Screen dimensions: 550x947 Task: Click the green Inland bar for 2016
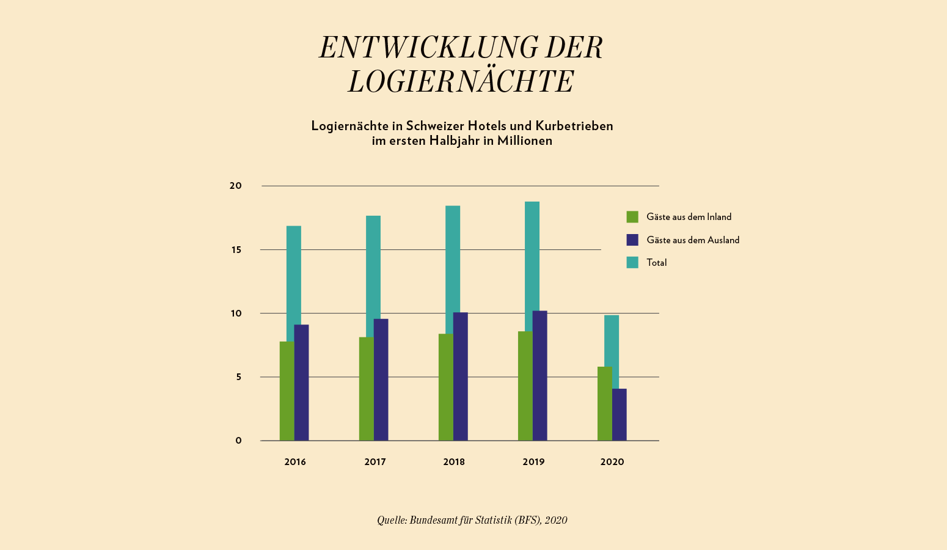click(x=287, y=391)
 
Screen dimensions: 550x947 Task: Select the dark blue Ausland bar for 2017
click(x=381, y=380)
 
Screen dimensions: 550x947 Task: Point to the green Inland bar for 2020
click(x=604, y=403)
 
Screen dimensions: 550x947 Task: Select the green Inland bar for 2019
click(x=525, y=386)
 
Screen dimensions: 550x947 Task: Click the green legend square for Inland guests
click(x=632, y=217)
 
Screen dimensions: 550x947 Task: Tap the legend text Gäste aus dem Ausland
click(x=693, y=240)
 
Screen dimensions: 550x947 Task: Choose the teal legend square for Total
click(x=632, y=263)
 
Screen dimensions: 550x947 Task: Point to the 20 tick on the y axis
click(x=235, y=186)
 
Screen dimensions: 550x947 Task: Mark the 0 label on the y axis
click(x=238, y=441)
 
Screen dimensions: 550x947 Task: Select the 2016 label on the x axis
click(x=295, y=462)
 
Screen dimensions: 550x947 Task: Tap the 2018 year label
click(x=454, y=462)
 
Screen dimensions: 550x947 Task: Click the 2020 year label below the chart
click(x=612, y=462)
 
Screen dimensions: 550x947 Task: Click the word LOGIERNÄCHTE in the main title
click(x=461, y=82)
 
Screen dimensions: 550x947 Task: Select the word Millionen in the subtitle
click(x=524, y=141)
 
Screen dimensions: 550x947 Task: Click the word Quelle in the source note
click(x=390, y=520)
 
